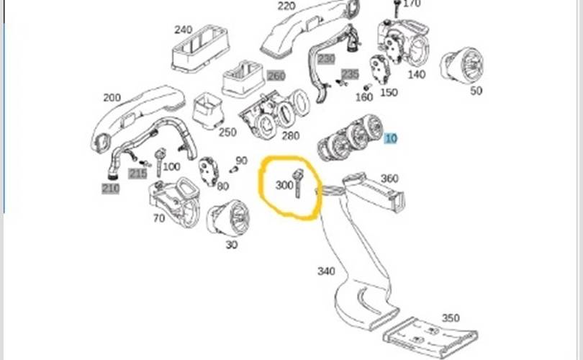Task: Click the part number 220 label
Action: pyautogui.click(x=286, y=6)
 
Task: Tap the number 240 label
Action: pyautogui.click(x=184, y=30)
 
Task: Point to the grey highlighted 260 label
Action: pyautogui.click(x=276, y=76)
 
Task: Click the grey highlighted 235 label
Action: pyautogui.click(x=350, y=74)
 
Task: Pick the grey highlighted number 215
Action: pyautogui.click(x=137, y=174)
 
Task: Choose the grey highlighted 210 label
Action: pyautogui.click(x=110, y=189)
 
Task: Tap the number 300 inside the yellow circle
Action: pyautogui.click(x=284, y=185)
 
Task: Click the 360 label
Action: pyautogui.click(x=389, y=179)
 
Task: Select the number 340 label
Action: pyautogui.click(x=326, y=271)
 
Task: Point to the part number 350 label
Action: pyautogui.click(x=450, y=318)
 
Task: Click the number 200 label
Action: pyautogui.click(x=112, y=98)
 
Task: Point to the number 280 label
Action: pyautogui.click(x=291, y=135)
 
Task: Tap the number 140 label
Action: pyautogui.click(x=417, y=73)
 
